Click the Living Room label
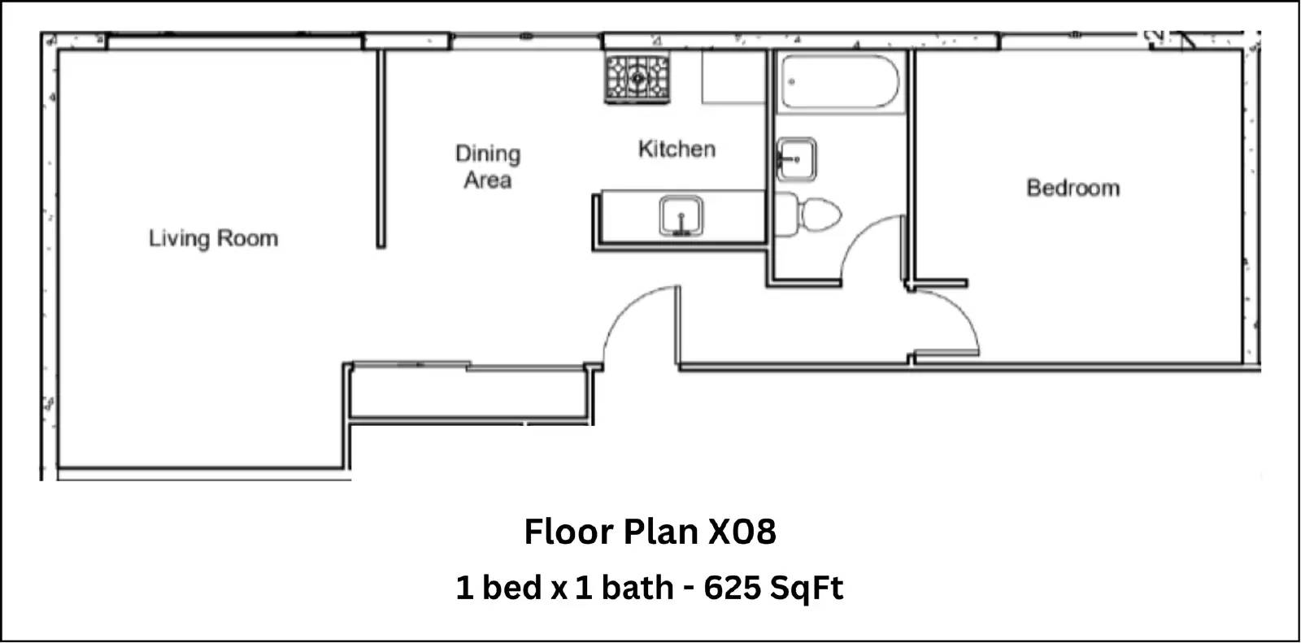pos(213,239)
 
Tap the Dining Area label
pos(488,167)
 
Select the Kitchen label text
pos(677,150)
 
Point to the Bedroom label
pos(1073,189)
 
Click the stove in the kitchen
pos(637,78)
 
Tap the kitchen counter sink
pos(681,217)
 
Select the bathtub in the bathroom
pos(839,82)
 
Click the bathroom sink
pos(796,159)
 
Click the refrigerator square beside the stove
pos(733,77)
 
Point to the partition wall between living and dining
pos(381,150)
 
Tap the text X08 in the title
pos(742,532)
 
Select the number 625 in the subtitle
pos(732,587)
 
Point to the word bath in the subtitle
pos(637,587)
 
